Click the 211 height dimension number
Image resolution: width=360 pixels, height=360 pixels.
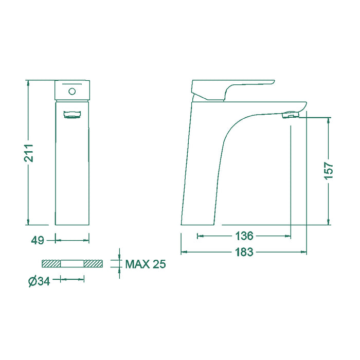tap(29, 153)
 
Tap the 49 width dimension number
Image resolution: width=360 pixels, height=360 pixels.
tap(38, 241)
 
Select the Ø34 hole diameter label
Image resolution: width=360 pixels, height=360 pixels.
tap(39, 281)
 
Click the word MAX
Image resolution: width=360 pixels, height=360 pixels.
tap(137, 264)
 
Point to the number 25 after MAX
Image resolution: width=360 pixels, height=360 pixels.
tap(159, 264)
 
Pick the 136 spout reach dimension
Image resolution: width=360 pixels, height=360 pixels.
tap(244, 236)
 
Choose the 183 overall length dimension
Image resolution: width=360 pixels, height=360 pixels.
tap(244, 252)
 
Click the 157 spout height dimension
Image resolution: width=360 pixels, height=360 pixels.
tap(329, 171)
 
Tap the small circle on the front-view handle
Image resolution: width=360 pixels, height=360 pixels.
tap(72, 92)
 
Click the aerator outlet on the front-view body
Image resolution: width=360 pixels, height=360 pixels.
tap(72, 115)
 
